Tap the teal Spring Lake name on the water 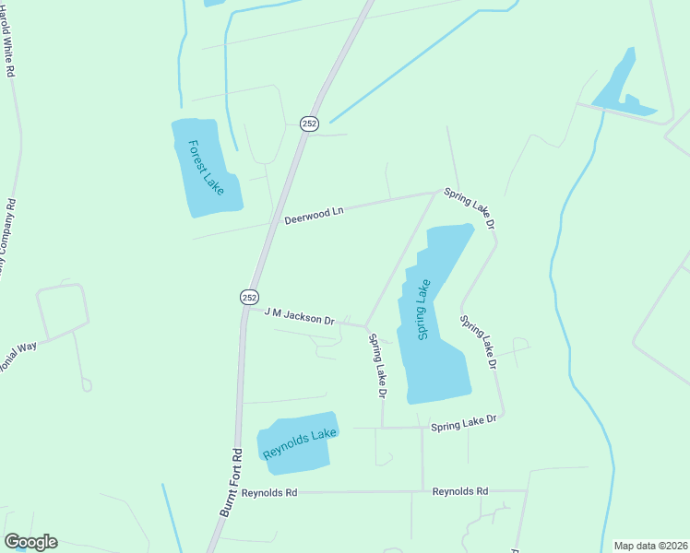point(424,310)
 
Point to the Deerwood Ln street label point(313,215)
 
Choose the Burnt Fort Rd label point(230,482)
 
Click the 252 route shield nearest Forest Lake point(309,124)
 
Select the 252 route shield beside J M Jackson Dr point(249,296)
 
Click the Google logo point(30,542)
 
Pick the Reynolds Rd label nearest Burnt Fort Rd point(268,493)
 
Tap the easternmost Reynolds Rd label point(459,492)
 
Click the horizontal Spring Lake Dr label point(463,421)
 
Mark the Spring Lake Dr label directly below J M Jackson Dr point(376,365)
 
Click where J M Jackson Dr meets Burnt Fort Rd point(246,310)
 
